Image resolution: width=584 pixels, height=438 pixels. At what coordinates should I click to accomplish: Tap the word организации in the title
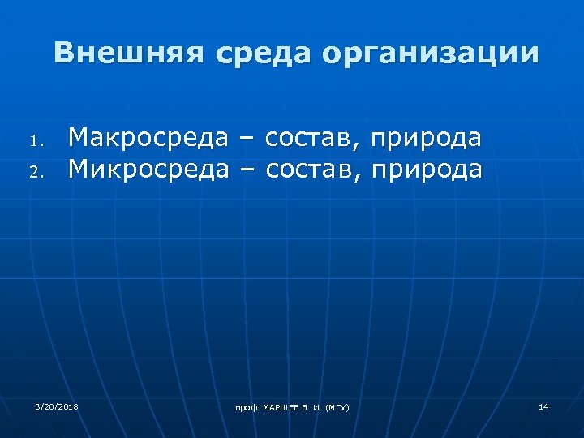click(x=430, y=54)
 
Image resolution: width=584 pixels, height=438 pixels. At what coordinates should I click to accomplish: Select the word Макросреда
click(x=148, y=138)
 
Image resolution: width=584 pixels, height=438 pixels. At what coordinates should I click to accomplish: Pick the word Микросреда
click(x=148, y=169)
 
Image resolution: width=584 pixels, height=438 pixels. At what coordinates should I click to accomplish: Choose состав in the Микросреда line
click(x=312, y=169)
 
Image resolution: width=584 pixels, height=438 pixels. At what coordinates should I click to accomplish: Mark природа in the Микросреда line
click(x=427, y=170)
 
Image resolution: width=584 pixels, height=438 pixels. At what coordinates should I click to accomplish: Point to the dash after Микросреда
click(x=247, y=170)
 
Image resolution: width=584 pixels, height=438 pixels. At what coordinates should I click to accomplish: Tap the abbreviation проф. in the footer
click(x=247, y=406)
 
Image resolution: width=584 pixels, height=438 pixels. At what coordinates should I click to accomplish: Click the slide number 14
click(x=543, y=405)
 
